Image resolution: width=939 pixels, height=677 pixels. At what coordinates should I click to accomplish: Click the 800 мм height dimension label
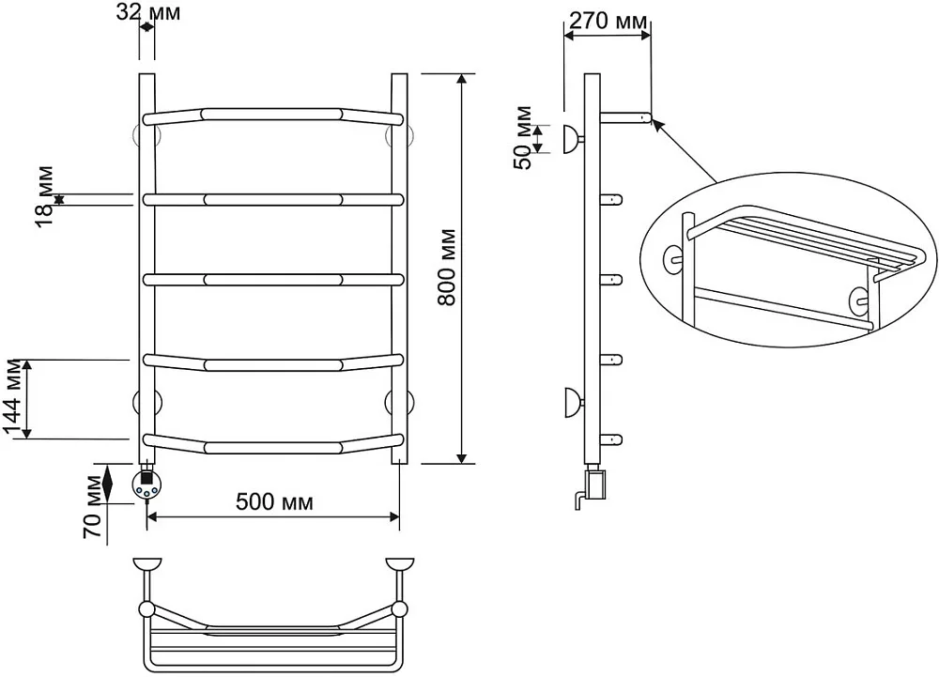click(x=447, y=268)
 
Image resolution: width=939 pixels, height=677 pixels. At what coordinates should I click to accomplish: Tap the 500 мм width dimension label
click(x=274, y=501)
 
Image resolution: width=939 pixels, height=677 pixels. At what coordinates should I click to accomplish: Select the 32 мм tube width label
click(x=148, y=11)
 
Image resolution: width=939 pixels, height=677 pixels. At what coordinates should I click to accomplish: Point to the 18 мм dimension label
click(x=43, y=195)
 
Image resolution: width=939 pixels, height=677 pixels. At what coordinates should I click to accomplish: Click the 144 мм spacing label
click(x=13, y=399)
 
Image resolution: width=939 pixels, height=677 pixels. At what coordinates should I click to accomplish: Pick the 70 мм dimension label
click(x=93, y=506)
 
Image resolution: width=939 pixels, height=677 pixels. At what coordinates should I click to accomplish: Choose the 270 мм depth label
click(x=608, y=21)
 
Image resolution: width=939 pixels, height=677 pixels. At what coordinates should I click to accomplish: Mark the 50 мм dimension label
click(x=523, y=138)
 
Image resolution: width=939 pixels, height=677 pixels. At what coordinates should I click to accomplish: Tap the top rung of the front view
click(x=273, y=115)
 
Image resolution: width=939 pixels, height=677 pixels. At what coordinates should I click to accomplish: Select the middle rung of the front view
click(x=273, y=280)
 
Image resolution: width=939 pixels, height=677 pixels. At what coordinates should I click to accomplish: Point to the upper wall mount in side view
click(x=573, y=140)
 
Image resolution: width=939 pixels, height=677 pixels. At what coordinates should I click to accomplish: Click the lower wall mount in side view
click(x=573, y=402)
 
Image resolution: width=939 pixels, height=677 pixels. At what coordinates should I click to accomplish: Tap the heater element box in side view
click(x=596, y=485)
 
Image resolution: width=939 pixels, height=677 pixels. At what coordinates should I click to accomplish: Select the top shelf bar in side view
click(x=625, y=116)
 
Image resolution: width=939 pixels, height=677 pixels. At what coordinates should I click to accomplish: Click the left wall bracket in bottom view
click(x=146, y=564)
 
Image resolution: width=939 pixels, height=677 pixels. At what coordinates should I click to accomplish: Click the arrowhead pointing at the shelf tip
click(x=657, y=125)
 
